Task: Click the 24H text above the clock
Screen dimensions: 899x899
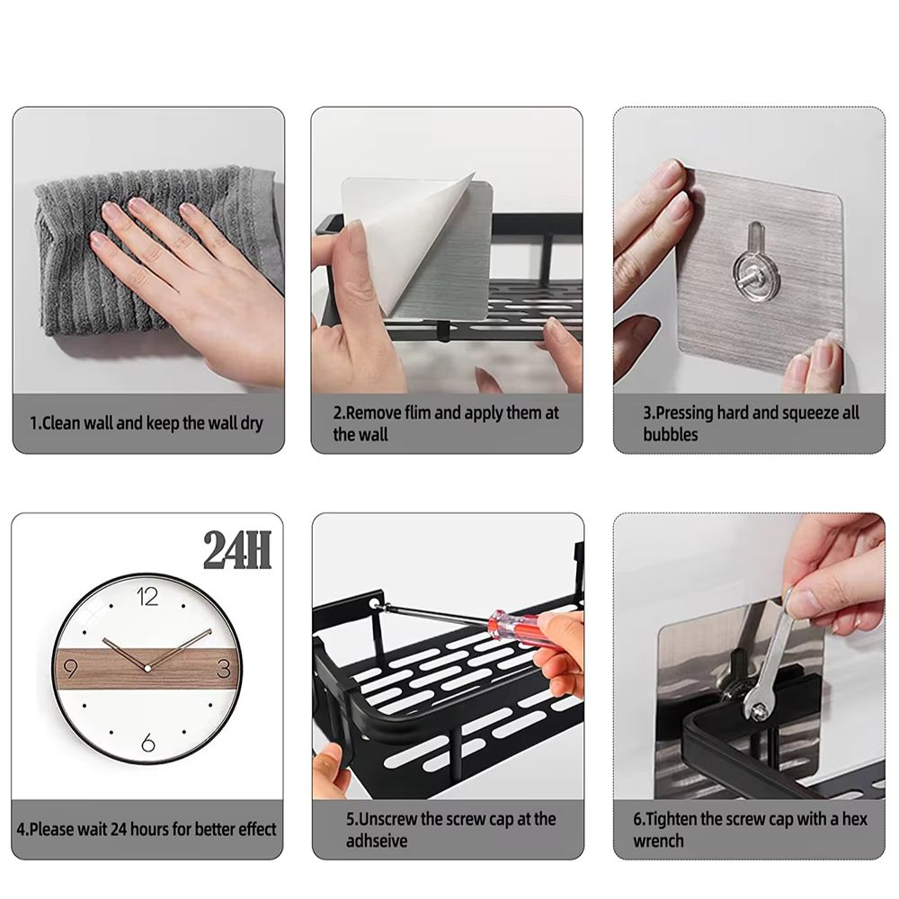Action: (236, 550)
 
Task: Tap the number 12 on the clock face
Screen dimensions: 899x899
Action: (148, 594)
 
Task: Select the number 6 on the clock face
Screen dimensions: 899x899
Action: (148, 743)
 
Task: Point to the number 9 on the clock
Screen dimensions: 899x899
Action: (72, 668)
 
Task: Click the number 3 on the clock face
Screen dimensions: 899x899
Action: (224, 669)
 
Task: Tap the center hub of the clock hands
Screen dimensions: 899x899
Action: (147, 668)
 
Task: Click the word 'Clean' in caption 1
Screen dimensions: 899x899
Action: (63, 423)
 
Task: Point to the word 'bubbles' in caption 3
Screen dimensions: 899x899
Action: (670, 435)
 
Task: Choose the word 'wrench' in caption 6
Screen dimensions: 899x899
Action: (658, 841)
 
